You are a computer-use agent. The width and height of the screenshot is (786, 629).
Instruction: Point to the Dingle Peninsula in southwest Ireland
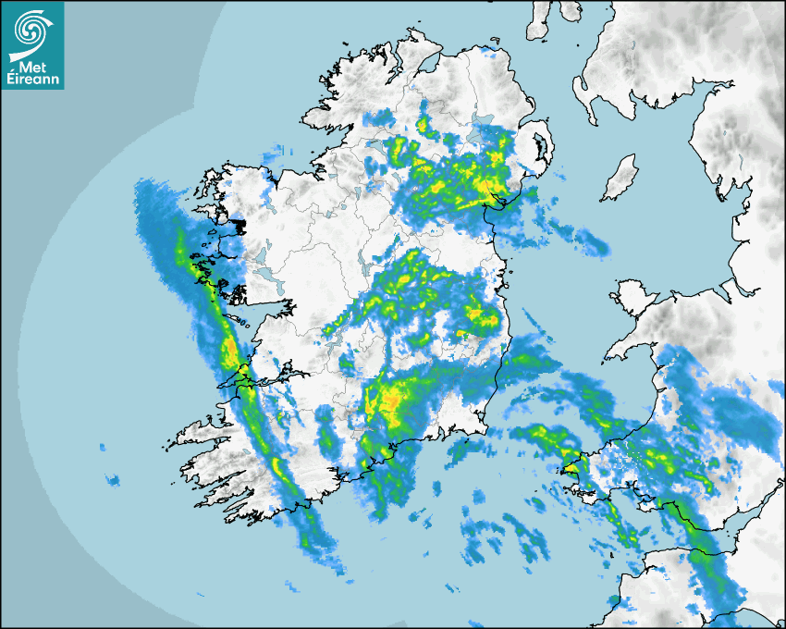(x=199, y=434)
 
